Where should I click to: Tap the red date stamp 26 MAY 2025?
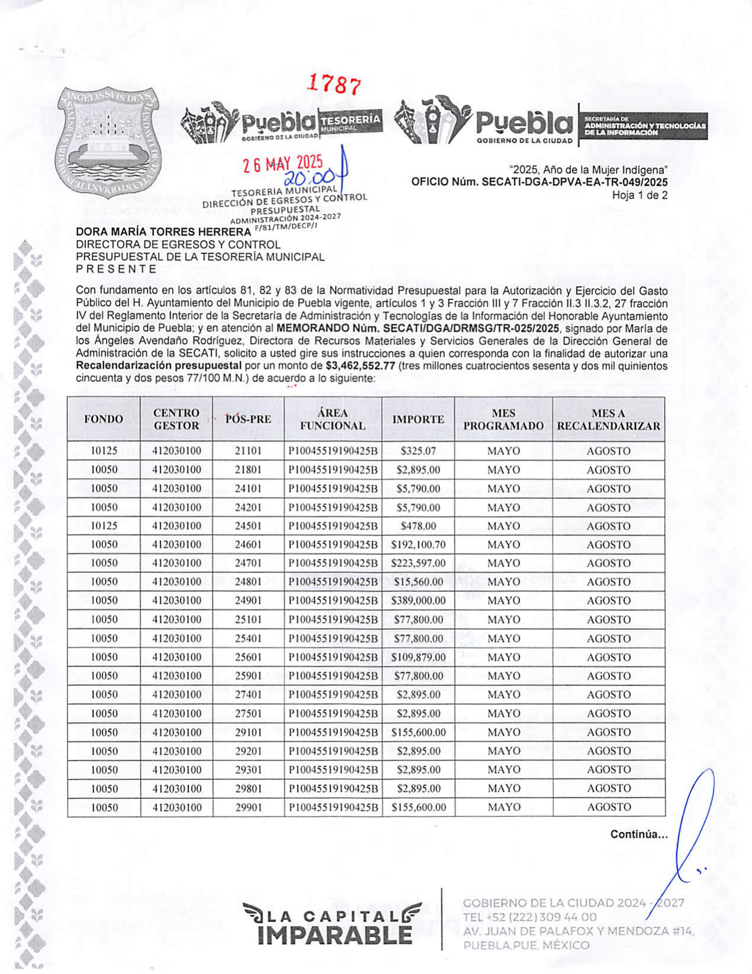(x=283, y=163)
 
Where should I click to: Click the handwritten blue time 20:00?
(x=309, y=178)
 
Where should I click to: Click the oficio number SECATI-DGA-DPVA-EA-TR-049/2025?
(x=540, y=182)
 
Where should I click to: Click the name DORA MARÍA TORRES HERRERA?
(x=163, y=232)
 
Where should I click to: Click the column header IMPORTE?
(x=418, y=419)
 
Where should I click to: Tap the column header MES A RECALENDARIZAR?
(x=608, y=419)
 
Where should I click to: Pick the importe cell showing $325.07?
(x=418, y=451)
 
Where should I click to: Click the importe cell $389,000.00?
(x=418, y=600)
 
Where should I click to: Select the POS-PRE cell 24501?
(x=248, y=526)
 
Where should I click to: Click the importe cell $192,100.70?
(x=418, y=544)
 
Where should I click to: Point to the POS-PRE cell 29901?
(x=248, y=807)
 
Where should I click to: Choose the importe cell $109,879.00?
(x=418, y=657)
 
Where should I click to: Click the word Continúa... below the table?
(x=639, y=834)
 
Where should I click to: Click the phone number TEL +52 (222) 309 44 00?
(x=530, y=917)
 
